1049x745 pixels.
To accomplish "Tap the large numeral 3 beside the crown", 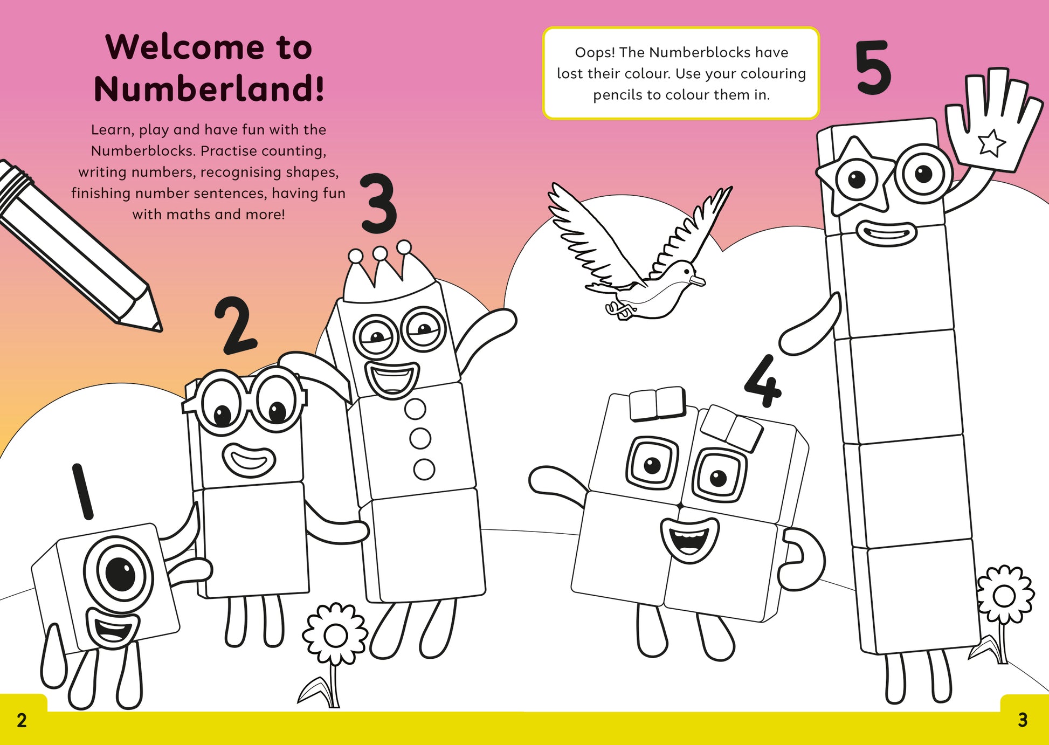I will click(x=378, y=203).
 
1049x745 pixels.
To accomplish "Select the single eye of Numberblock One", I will click(x=119, y=573).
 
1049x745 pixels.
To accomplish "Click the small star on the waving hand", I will click(x=991, y=143).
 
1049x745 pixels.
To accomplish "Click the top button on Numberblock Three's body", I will click(x=415, y=409).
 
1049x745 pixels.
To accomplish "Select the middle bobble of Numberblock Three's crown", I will click(x=380, y=253).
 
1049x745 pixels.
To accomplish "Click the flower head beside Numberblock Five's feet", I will click(x=1004, y=596).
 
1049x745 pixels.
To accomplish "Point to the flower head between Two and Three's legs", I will click(x=335, y=636).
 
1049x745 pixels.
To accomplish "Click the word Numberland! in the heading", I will click(x=209, y=89).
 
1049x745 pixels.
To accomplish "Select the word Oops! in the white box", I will click(x=595, y=53).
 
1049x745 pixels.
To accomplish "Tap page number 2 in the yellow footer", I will click(x=22, y=721).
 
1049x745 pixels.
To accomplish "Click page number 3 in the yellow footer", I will click(x=1023, y=720).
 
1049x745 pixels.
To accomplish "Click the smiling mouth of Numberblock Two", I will click(x=249, y=460).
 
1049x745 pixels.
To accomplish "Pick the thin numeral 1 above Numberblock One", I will click(x=82, y=491).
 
